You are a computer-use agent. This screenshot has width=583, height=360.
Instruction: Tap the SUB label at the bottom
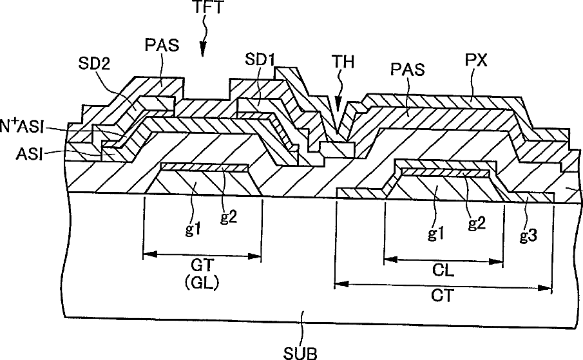point(301,352)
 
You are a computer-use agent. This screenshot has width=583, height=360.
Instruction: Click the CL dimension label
point(444,271)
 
